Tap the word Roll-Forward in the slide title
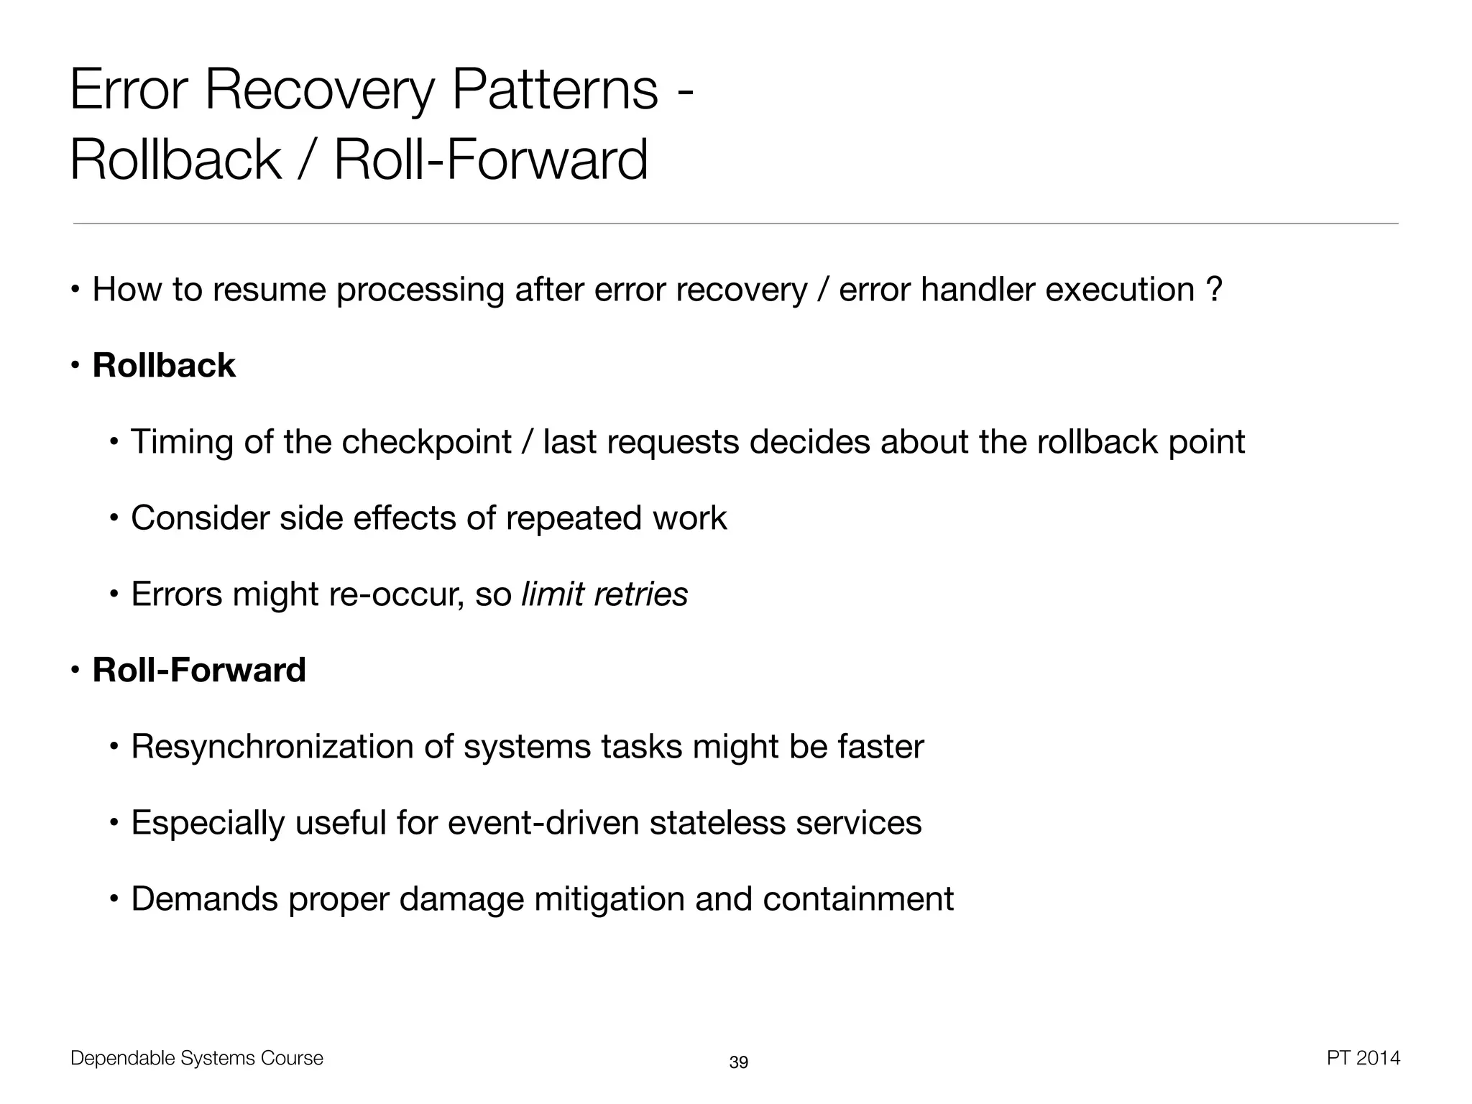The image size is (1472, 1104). pos(491,160)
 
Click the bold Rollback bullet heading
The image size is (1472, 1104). pos(164,365)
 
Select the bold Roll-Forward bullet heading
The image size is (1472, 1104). pos(199,670)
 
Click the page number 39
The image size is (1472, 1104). pos(738,1062)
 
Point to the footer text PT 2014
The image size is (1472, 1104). pos(1363,1058)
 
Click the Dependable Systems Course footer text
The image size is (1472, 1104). pos(197,1058)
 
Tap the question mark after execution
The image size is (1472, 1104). pos(1214,290)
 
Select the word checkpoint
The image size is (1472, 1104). pos(426,442)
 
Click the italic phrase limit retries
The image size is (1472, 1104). pos(604,594)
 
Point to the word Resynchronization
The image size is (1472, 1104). pos(272,747)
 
